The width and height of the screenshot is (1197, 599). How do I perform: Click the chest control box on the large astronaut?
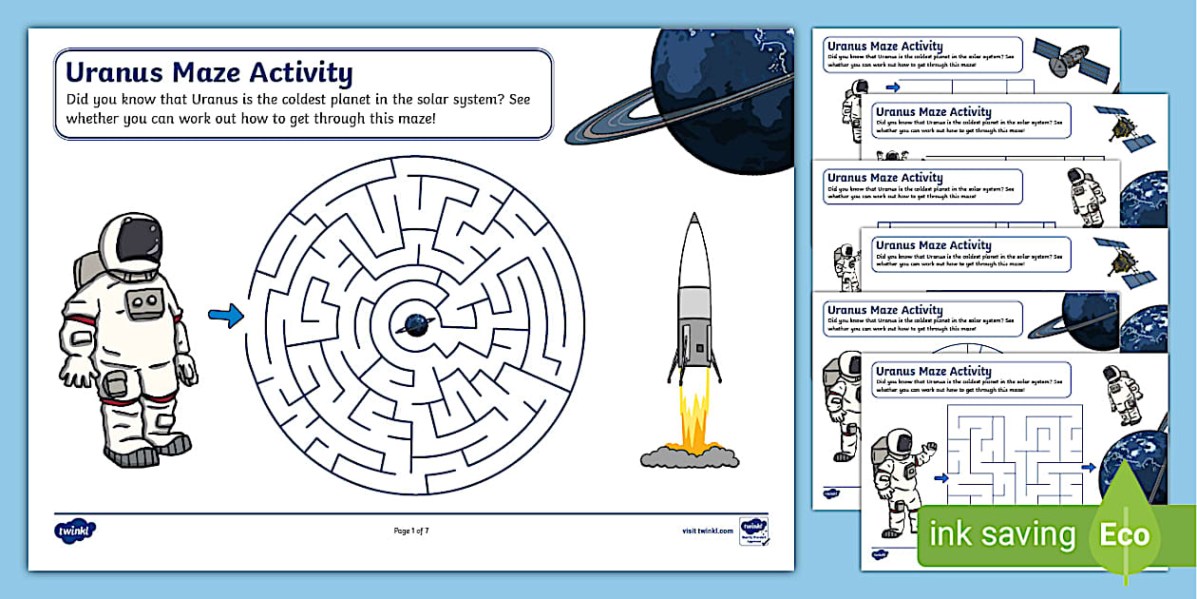143,304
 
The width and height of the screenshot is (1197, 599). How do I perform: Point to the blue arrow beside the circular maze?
225,317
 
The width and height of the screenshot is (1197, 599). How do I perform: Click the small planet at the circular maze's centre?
416,324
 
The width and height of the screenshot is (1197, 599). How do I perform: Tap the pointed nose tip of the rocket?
693,219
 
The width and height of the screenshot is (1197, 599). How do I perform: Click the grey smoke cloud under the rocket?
690,457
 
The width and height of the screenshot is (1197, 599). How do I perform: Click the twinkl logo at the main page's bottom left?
75,531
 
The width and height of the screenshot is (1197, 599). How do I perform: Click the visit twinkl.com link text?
708,531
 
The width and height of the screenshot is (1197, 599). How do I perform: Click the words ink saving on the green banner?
1002,534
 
